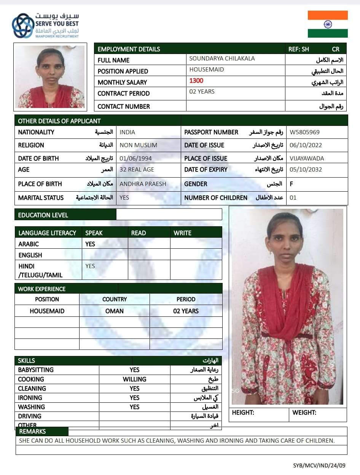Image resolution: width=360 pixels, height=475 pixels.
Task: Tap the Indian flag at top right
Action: (x=328, y=24)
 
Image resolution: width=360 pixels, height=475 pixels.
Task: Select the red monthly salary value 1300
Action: (x=196, y=81)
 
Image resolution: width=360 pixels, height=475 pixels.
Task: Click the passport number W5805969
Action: (x=304, y=132)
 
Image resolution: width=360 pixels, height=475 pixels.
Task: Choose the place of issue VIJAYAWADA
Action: (x=307, y=158)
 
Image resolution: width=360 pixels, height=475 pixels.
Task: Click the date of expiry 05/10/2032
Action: (x=306, y=170)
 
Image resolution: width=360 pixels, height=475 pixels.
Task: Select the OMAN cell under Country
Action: (x=115, y=311)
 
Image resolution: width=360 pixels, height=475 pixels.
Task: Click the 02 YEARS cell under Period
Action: (x=186, y=311)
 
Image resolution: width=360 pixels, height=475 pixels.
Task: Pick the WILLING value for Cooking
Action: (x=134, y=379)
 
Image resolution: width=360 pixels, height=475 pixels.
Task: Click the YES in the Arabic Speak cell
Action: (x=90, y=244)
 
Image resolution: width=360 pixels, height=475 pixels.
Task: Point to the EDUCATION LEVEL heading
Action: (x=43, y=215)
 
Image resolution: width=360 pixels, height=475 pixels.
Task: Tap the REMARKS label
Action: (x=32, y=431)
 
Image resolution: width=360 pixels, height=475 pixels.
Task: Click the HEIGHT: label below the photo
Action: (x=243, y=413)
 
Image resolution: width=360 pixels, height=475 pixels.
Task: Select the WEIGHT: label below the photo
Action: (x=304, y=413)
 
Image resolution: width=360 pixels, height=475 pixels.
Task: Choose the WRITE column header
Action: (x=183, y=233)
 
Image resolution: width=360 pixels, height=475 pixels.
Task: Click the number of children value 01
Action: (x=293, y=198)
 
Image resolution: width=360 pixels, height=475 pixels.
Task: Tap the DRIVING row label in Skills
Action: (x=30, y=416)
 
